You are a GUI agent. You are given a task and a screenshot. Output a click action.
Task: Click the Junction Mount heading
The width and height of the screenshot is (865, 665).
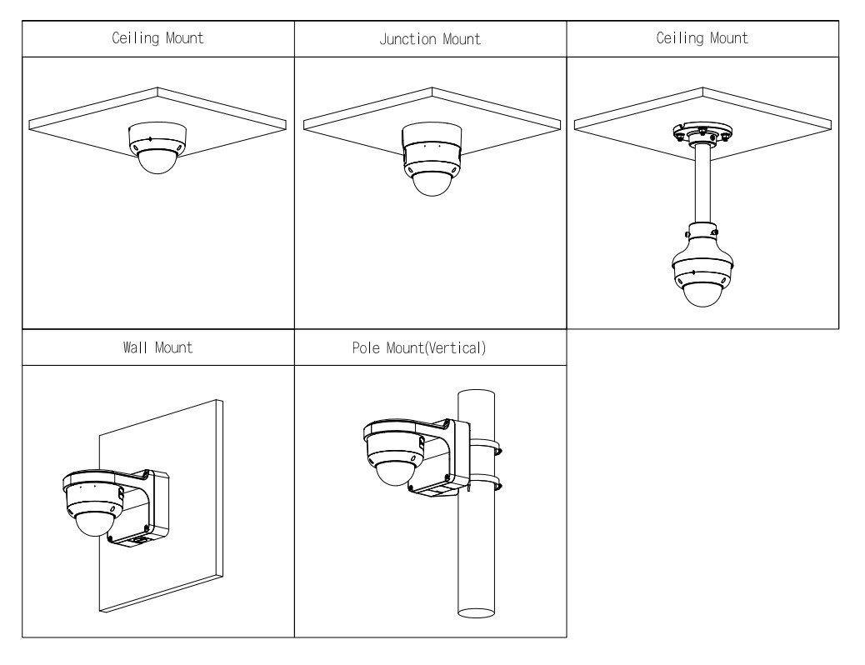[431, 38]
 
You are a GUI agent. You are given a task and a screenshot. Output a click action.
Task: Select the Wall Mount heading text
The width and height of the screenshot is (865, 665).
[157, 348]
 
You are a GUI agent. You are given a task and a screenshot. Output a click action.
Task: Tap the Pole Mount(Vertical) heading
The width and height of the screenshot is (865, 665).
[431, 348]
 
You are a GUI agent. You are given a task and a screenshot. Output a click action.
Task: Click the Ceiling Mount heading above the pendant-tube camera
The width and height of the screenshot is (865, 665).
[702, 38]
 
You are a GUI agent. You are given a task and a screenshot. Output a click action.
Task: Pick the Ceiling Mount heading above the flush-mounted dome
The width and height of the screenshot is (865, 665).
[157, 38]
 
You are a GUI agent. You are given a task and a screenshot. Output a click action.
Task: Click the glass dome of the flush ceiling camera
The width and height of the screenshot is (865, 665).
[157, 162]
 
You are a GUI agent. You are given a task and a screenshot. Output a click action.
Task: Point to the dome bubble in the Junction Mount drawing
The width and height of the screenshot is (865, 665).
[431, 183]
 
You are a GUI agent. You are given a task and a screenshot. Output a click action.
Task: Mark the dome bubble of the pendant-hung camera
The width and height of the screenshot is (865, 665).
[702, 292]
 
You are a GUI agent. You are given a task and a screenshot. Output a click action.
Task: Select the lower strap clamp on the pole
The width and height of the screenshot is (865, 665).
[485, 482]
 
